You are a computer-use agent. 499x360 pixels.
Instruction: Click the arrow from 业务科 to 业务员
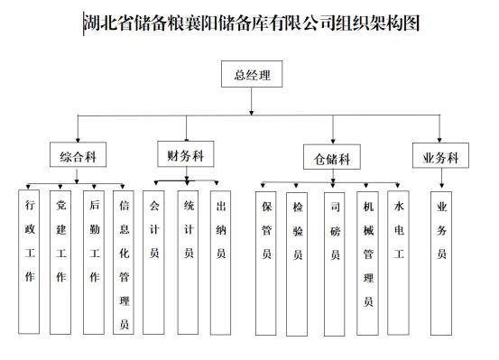[441, 178]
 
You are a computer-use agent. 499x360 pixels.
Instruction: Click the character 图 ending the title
[411, 23]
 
